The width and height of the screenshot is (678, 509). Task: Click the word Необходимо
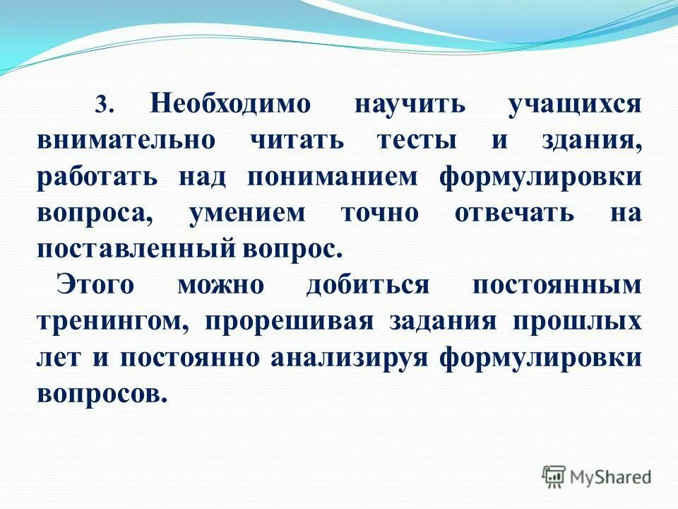(230, 103)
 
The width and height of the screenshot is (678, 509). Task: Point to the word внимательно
(126, 140)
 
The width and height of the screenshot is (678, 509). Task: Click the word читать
(297, 140)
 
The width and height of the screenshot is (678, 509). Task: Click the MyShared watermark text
(612, 476)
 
